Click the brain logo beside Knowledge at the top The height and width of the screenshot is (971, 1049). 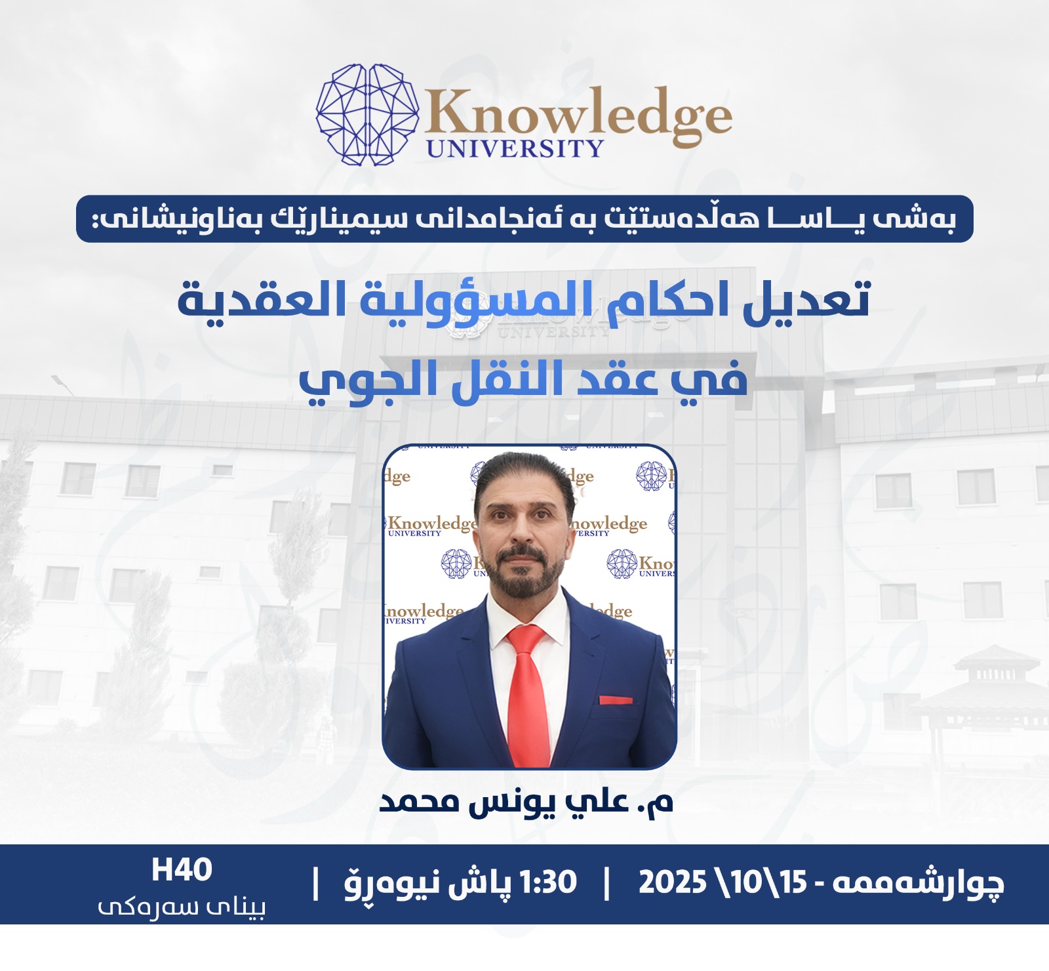pos(367,114)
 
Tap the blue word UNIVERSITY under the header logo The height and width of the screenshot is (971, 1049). pos(515,148)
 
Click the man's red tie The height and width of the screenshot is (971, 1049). pos(527,695)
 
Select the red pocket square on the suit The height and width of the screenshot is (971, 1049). pos(616,700)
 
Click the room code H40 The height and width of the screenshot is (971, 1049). pos(182,870)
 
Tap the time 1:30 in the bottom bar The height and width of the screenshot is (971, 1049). pos(547,882)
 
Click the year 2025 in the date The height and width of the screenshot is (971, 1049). pos(672,882)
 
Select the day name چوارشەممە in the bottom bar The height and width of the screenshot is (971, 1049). pos(918,883)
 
